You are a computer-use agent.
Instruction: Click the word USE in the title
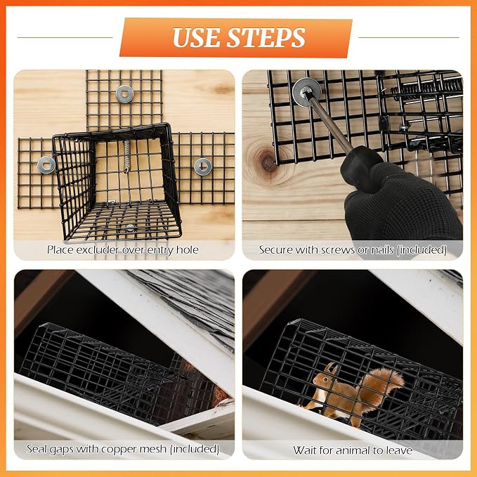(196, 38)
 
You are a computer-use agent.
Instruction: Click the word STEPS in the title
(266, 38)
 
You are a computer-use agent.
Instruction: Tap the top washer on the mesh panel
(125, 94)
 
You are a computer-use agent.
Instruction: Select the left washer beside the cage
(46, 165)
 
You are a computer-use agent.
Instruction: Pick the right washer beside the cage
(203, 166)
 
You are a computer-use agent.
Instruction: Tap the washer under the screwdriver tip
(306, 92)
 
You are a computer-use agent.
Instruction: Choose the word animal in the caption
(355, 450)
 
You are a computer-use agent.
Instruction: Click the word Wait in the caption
(305, 450)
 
